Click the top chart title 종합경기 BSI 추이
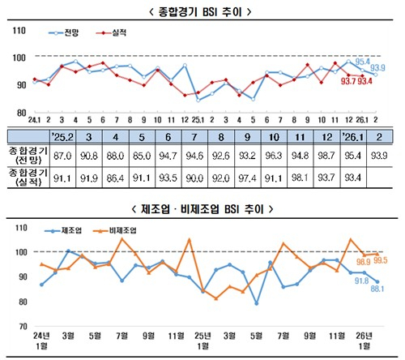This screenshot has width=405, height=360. point(202,11)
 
